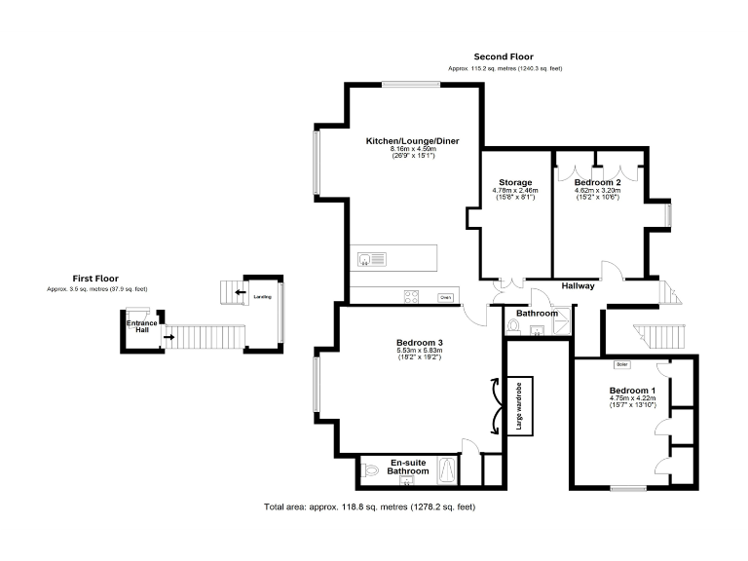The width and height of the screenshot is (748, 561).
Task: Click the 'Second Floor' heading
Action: point(504,56)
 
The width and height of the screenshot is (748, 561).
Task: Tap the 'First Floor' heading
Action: point(95,278)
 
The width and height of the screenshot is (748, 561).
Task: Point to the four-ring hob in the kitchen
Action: point(412,297)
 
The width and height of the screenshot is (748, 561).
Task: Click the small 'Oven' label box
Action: point(445,297)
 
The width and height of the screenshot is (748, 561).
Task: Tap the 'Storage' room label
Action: point(515,182)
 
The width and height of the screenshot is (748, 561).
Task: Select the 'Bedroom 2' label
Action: point(597,182)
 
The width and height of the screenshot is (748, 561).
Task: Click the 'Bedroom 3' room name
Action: point(420,342)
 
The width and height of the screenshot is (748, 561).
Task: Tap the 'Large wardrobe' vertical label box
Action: point(520,408)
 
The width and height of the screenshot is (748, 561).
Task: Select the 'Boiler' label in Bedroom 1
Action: point(621,365)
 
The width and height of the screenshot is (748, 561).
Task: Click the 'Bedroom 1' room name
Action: point(632,390)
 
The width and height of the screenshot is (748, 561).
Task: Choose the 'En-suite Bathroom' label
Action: point(408,467)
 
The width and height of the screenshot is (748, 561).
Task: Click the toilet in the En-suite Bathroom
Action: point(368,471)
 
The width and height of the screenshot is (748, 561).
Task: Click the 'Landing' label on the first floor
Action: point(262,295)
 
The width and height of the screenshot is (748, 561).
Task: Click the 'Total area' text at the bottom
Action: point(369,506)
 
